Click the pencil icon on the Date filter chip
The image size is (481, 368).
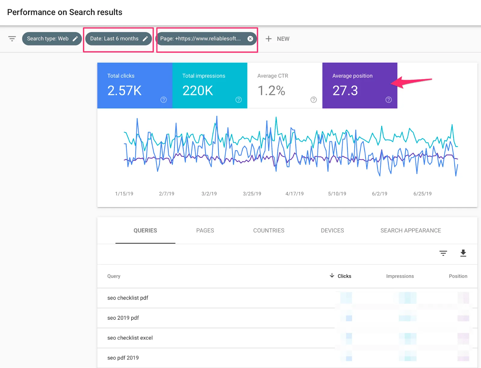tap(145, 39)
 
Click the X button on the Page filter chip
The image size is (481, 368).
tap(250, 39)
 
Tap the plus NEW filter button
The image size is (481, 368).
tap(277, 39)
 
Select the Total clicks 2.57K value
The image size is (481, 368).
tap(124, 91)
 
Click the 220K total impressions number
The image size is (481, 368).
tap(198, 91)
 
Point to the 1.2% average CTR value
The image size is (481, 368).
tap(271, 91)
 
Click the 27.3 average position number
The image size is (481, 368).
tap(345, 91)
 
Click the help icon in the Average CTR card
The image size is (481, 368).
tap(314, 100)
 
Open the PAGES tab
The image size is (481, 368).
tap(205, 231)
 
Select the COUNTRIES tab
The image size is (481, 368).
tap(269, 231)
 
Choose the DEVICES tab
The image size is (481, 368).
tap(332, 231)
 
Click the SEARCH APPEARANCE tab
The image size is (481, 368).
tap(411, 231)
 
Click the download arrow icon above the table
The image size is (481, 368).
tap(463, 253)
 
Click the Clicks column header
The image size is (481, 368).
tap(344, 276)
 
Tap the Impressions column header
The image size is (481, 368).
tap(400, 276)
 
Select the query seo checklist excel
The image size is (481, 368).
tap(130, 338)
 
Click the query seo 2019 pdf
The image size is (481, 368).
tap(123, 318)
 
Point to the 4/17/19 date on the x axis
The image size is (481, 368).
tap(294, 194)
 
